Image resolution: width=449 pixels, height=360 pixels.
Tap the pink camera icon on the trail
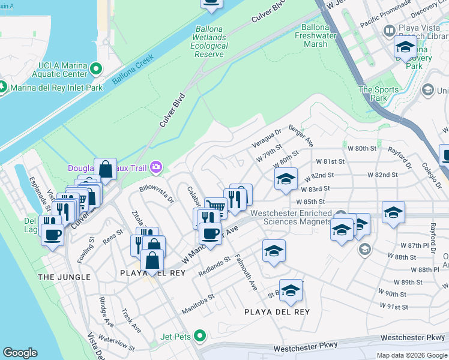(x=156, y=166)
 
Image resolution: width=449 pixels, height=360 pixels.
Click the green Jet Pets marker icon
(x=200, y=336)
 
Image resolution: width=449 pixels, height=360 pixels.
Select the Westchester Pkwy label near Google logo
(x=306, y=347)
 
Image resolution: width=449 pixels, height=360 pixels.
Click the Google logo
(x=20, y=353)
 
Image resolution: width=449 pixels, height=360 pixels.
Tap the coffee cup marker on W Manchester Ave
(x=209, y=233)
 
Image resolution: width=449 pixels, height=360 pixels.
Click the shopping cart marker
(x=215, y=208)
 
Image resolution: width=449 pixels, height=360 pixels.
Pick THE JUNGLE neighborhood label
(x=64, y=277)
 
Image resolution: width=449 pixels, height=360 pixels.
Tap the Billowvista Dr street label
(x=156, y=193)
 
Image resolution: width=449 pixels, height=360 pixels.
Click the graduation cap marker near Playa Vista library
(x=406, y=47)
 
